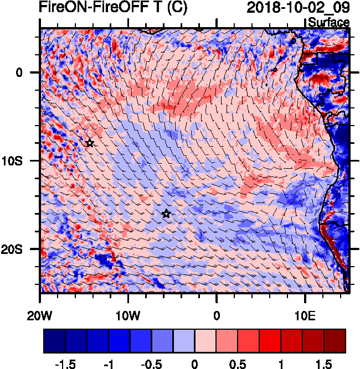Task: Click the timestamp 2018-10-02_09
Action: pos(298,8)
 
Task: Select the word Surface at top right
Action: pos(328,23)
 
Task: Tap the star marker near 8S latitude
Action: pos(90,143)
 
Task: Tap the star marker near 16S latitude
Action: pos(166,214)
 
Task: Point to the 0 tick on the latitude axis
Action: pos(19,72)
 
